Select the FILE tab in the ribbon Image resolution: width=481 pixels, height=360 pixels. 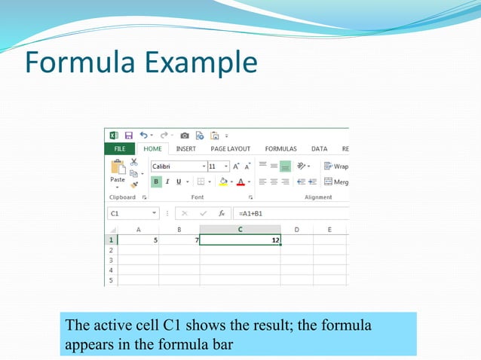pos(119,149)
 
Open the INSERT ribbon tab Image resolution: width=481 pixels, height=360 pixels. pos(185,149)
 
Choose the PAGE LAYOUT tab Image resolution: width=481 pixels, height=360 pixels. pos(231,149)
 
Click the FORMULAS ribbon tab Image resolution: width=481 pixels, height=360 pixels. pos(280,149)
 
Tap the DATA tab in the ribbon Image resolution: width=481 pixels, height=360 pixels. pos(319,149)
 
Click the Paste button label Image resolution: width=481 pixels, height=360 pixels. pos(118,180)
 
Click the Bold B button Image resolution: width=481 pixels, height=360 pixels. pos(156,182)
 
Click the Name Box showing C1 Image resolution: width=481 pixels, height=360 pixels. pos(128,214)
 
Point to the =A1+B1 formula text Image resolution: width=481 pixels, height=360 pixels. pos(251,214)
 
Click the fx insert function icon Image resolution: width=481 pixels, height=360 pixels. pos(222,214)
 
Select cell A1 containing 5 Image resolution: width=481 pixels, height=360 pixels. pos(138,239)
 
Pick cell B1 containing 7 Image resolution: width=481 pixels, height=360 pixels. pos(179,239)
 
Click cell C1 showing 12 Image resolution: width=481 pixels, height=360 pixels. pos(240,239)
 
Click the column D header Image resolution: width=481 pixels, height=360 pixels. pos(296,229)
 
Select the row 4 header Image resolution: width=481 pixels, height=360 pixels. pos(111,270)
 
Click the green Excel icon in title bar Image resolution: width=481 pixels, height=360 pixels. pos(114,136)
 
